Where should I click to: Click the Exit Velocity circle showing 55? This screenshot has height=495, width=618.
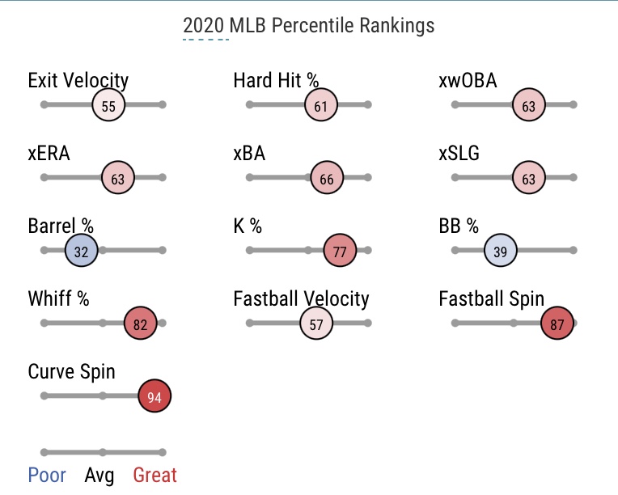pos(109,106)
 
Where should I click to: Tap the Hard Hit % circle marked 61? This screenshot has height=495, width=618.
pos(321,106)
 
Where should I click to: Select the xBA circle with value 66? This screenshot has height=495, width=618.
pos(327,179)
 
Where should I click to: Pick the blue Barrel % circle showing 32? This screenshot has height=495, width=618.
pos(81,252)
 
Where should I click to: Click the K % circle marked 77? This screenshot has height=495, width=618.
pos(340,252)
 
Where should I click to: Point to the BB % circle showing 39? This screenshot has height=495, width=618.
pos(501,252)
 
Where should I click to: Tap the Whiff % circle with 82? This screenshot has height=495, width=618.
pos(141,324)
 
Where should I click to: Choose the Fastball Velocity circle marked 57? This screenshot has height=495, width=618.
pos(316,324)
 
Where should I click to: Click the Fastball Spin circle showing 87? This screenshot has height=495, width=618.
pos(557,324)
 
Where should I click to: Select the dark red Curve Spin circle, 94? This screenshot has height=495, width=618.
pos(154,397)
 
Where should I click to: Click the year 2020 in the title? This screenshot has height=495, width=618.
pos(202,26)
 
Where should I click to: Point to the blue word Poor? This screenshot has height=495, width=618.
pos(47,475)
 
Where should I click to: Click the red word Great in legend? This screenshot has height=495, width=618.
pos(154,475)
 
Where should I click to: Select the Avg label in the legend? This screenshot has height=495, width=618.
pos(99,475)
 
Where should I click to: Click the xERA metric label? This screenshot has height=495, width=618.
pos(49,153)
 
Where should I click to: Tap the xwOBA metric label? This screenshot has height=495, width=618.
pos(468,80)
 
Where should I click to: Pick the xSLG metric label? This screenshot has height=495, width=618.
pos(459,153)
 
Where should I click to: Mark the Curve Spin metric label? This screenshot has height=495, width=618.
pos(71,371)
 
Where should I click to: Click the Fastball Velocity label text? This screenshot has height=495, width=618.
pos(301,298)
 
